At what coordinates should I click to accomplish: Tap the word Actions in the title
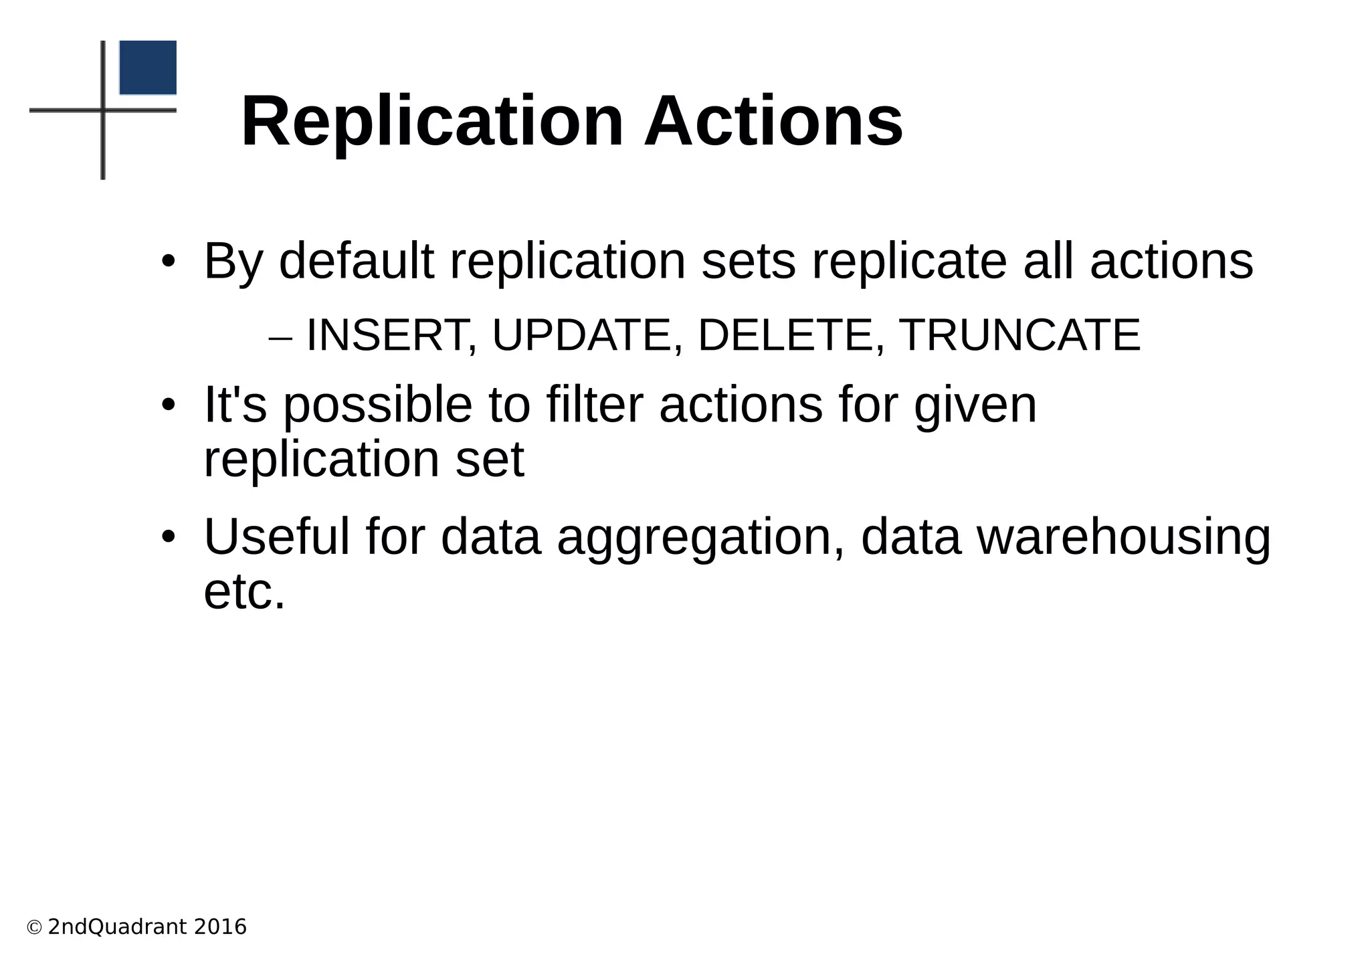coord(773,122)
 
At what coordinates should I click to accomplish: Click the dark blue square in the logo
coord(148,68)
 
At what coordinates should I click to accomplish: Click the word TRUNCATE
coord(1019,335)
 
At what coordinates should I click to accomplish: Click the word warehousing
coord(1124,539)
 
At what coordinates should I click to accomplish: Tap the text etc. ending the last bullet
coord(244,592)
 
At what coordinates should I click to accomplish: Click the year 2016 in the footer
coord(220,927)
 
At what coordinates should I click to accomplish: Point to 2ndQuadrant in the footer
coord(117,927)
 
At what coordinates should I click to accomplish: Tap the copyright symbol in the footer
coord(34,928)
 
